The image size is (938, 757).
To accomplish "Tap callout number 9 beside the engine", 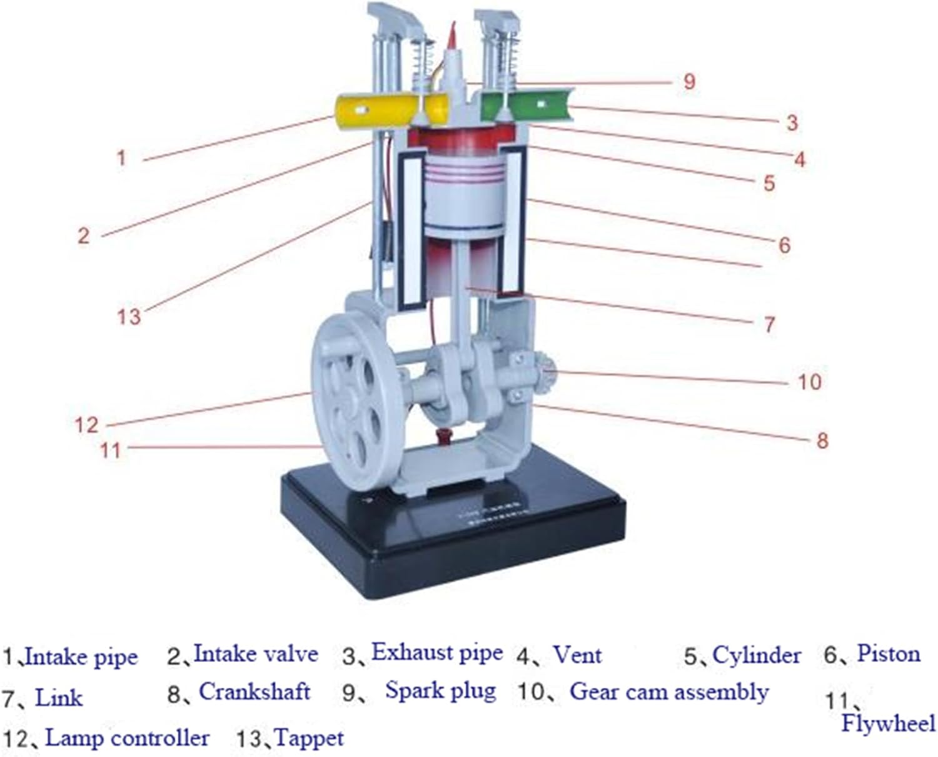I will click(688, 81).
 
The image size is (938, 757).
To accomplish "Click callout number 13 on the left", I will click(129, 317).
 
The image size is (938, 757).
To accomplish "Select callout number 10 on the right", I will click(809, 381).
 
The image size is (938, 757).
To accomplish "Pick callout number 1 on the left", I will click(121, 158).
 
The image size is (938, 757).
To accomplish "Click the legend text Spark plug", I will click(440, 691).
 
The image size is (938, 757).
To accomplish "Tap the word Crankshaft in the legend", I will click(255, 691).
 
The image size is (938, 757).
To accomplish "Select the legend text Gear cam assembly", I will click(668, 692).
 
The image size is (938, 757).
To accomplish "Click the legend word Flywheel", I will click(888, 724).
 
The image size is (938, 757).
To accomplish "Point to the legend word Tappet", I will click(309, 738).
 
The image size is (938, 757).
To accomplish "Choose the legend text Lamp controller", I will click(128, 738).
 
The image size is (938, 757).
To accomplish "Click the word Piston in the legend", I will click(888, 654).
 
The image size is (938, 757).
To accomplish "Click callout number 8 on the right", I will click(822, 441).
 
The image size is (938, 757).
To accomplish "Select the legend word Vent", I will click(577, 656).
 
